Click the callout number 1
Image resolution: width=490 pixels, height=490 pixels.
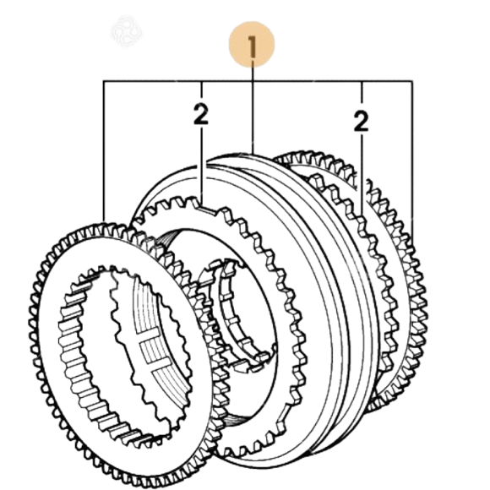[252, 46]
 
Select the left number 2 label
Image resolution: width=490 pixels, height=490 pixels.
[201, 114]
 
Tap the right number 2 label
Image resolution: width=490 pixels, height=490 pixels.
[362, 122]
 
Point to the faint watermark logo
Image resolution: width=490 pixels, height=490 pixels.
[126, 31]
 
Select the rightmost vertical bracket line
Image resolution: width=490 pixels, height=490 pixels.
[412, 160]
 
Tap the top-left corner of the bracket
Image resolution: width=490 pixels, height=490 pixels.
[104, 82]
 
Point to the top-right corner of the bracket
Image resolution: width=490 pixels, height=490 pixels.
[412, 82]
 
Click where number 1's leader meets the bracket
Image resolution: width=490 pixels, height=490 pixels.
[253, 82]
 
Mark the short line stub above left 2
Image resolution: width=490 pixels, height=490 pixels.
[202, 90]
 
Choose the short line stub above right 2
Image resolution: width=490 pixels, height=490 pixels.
[362, 91]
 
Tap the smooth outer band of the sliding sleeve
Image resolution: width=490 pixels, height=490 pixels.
[328, 281]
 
